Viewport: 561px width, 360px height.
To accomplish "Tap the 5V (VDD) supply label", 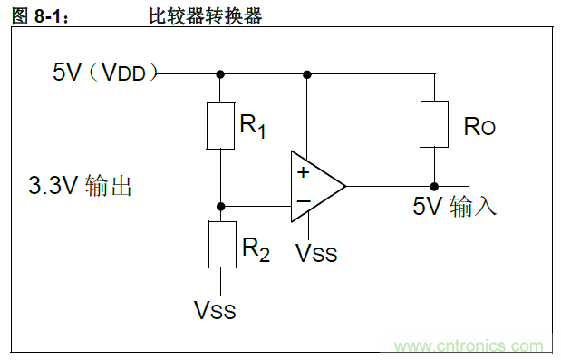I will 105,73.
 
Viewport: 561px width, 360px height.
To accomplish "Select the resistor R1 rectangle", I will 220,125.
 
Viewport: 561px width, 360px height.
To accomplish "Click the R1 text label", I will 253,126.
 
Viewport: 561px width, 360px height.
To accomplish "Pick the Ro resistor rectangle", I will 434,124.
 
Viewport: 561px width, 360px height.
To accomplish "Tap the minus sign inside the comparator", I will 302,201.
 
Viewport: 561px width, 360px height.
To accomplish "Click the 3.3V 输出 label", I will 81,187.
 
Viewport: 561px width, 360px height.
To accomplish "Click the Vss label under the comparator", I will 316,254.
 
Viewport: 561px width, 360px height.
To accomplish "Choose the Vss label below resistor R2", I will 215,310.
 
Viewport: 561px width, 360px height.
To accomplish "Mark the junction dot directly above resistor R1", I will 220,73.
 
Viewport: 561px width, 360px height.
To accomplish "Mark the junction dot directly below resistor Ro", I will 434,186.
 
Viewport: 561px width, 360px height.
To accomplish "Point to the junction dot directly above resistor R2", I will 220,207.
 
